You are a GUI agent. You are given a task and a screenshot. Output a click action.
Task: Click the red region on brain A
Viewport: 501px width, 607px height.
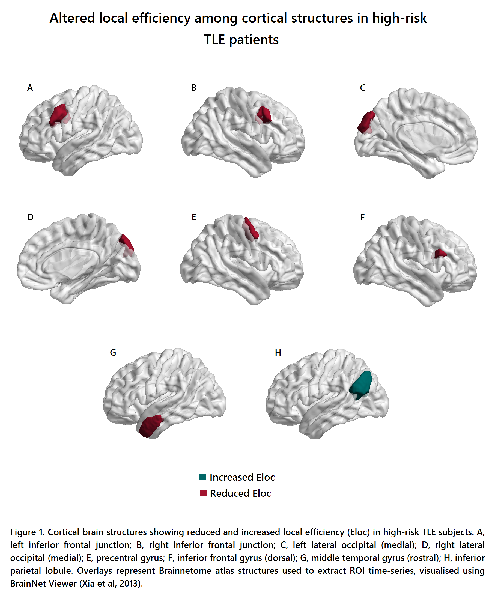[x=58, y=114]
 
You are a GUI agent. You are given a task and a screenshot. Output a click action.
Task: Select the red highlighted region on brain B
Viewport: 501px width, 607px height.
[x=264, y=115]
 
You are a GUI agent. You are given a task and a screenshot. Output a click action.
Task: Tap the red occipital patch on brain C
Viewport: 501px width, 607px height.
[x=366, y=121]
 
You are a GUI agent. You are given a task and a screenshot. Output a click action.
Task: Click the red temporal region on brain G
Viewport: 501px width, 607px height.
[x=151, y=426]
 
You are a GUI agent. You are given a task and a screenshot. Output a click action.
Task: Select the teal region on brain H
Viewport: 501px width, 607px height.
[x=361, y=384]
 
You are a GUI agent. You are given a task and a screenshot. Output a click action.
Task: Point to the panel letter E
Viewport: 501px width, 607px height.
[x=194, y=217]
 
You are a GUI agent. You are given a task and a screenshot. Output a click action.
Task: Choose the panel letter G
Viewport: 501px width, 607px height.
[x=113, y=352]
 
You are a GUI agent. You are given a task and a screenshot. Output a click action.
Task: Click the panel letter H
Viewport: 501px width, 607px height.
[x=278, y=352]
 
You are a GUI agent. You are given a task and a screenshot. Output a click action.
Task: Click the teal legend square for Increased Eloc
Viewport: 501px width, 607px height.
[x=203, y=477]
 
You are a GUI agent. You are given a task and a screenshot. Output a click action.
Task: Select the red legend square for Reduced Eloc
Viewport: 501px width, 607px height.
[x=203, y=493]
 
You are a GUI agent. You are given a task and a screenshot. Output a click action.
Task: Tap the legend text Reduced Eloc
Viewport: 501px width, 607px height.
[x=240, y=493]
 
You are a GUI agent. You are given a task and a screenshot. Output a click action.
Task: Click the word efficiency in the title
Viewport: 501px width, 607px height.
[x=161, y=19]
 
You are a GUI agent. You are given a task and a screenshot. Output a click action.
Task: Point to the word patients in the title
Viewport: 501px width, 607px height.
[x=254, y=40]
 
